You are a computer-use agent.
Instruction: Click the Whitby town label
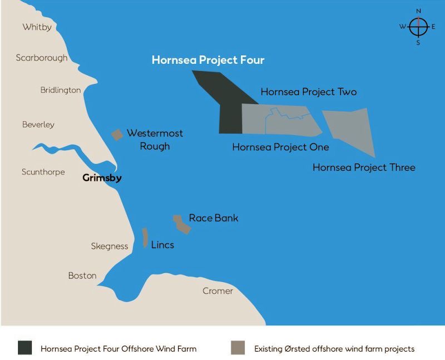click(x=37, y=27)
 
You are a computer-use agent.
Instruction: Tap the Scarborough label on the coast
click(x=42, y=58)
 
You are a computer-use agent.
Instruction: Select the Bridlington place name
click(x=61, y=90)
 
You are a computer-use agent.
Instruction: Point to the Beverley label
click(x=38, y=125)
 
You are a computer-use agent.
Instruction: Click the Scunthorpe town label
click(x=43, y=172)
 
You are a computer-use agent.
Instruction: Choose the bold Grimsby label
click(x=102, y=179)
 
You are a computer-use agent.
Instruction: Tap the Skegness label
click(x=110, y=246)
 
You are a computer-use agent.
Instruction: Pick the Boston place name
click(x=82, y=275)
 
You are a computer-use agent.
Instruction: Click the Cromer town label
click(x=217, y=291)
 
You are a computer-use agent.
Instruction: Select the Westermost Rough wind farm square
click(x=117, y=135)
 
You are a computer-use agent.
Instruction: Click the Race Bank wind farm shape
click(x=181, y=224)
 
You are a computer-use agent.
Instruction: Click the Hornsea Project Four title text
click(x=208, y=60)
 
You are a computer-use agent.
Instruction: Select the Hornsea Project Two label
click(x=309, y=92)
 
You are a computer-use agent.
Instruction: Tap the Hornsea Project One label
click(x=280, y=147)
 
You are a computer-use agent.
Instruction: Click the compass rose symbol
click(x=418, y=27)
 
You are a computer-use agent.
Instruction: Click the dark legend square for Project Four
click(x=24, y=348)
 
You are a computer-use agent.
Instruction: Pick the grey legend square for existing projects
click(x=238, y=348)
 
